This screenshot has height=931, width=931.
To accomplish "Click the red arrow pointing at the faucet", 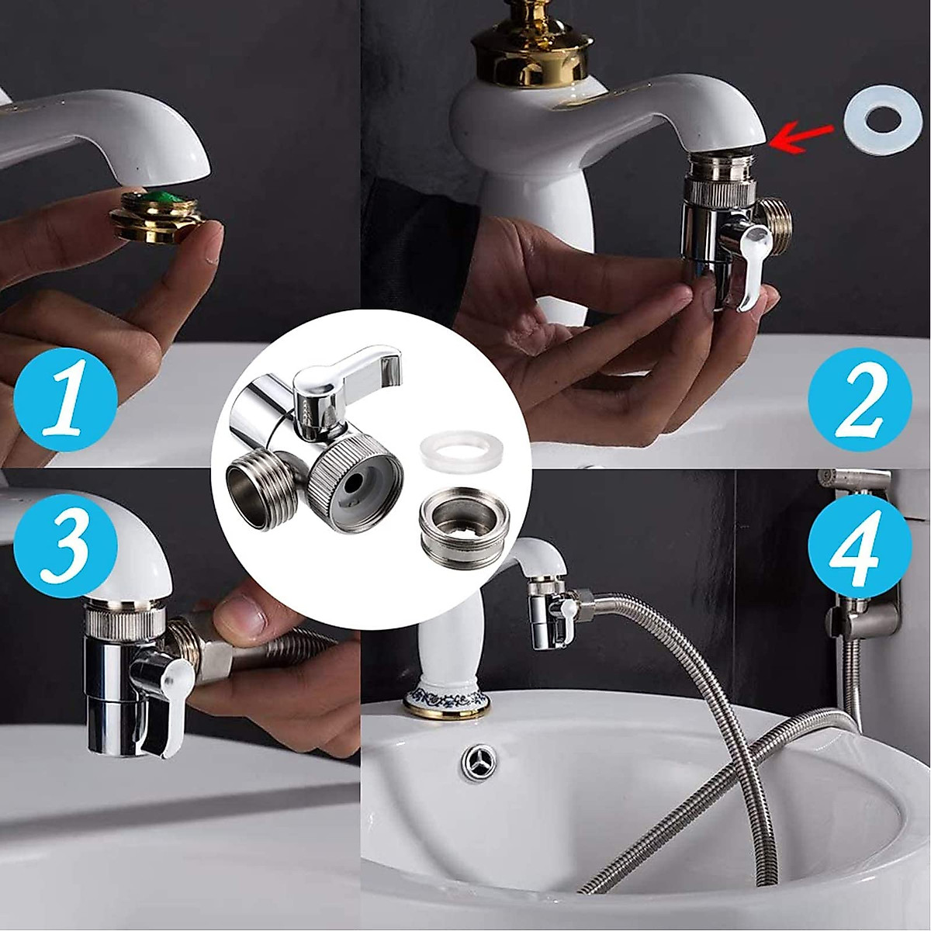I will pos(804,133).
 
